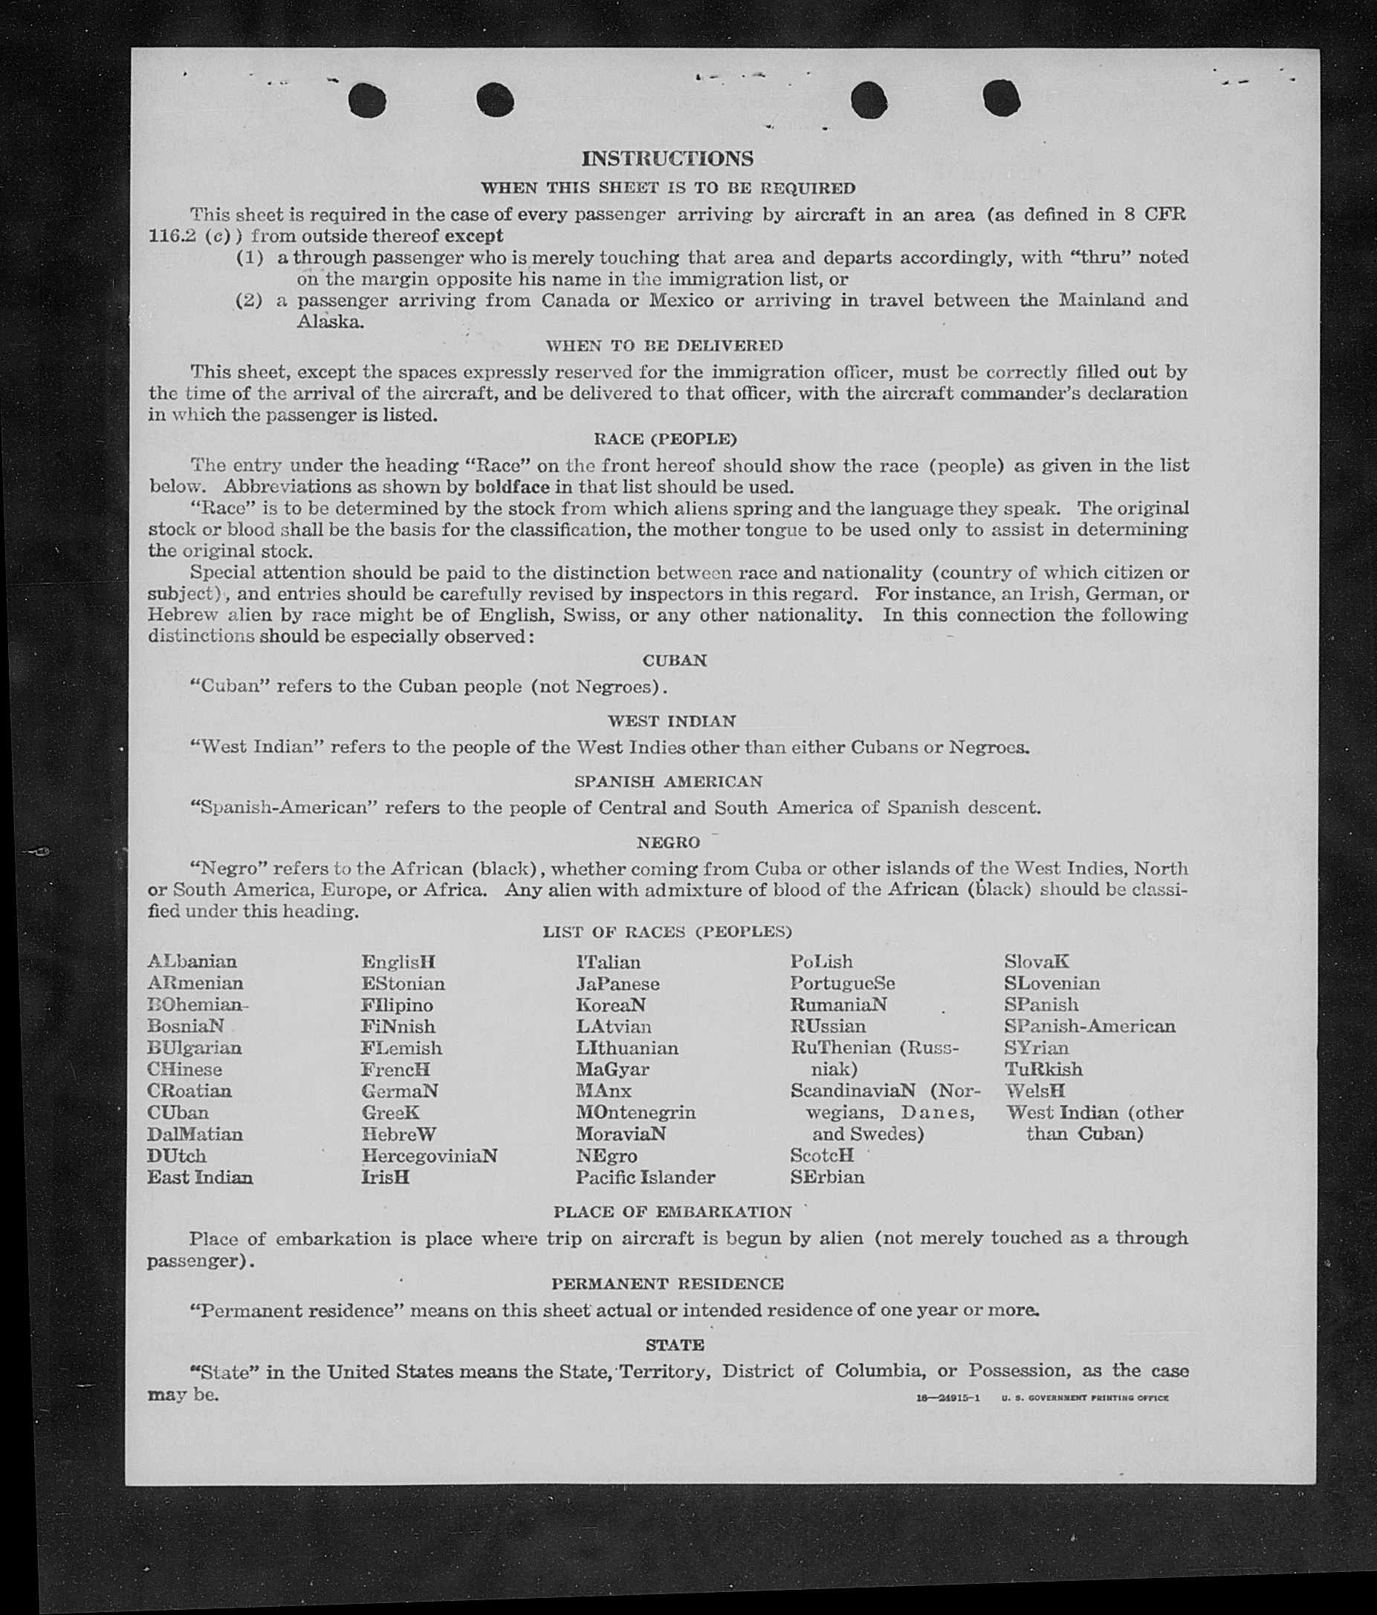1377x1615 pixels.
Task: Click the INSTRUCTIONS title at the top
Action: [x=667, y=159]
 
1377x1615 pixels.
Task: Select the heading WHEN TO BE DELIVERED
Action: [x=664, y=346]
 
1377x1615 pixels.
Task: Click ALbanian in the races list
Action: [x=192, y=962]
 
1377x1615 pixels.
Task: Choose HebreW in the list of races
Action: [x=398, y=1134]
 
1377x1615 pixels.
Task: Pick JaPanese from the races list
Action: [x=618, y=984]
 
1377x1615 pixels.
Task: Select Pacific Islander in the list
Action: [x=645, y=1177]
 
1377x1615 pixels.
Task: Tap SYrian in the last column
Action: [x=1036, y=1049]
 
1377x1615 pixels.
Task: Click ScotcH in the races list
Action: [x=821, y=1155]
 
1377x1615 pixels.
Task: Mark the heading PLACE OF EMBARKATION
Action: [x=672, y=1212]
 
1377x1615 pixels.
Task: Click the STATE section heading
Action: [x=675, y=1344]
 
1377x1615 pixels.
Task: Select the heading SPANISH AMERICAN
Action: [x=668, y=781]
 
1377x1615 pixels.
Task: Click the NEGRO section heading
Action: [x=668, y=843]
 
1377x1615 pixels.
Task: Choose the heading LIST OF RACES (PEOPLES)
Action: [x=667, y=931]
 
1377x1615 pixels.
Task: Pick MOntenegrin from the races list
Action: [x=635, y=1113]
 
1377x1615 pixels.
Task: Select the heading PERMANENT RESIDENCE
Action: [x=667, y=1284]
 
